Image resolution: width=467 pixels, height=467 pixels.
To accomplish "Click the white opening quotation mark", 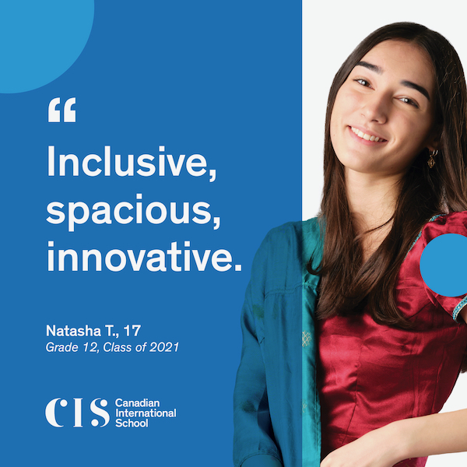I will click(61, 111).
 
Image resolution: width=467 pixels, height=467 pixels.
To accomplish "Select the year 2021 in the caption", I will click(166, 347).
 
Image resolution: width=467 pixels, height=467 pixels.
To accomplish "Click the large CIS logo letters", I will click(77, 413).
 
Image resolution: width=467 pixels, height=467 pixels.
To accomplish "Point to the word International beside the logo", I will click(146, 413).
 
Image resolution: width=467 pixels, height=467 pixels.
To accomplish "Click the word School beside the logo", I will click(131, 423).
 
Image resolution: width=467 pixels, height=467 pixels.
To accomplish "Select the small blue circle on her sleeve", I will click(444, 265).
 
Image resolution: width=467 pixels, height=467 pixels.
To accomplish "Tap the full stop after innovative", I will click(238, 269).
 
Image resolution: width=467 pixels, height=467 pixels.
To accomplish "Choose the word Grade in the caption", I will click(62, 347).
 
